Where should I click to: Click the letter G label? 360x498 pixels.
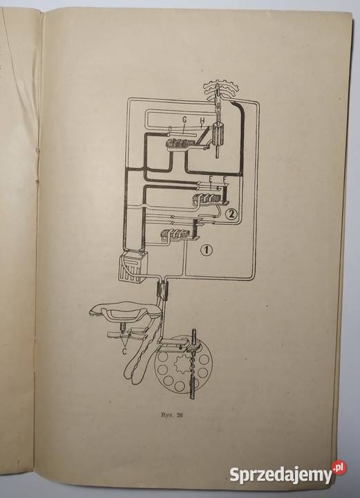[184, 120]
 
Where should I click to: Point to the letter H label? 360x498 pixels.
[202, 120]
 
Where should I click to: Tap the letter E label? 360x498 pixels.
[210, 180]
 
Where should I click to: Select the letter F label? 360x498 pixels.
[225, 180]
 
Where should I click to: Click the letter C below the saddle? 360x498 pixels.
[124, 351]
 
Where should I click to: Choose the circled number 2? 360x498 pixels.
[231, 214]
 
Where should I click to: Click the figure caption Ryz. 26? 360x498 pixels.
[172, 415]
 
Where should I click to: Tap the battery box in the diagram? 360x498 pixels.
[131, 266]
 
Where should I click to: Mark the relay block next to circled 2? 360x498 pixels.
[209, 199]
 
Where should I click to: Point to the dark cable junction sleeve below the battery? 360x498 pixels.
[162, 290]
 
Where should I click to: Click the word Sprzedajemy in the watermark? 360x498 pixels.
[281, 474]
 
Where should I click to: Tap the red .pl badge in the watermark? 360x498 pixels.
[339, 468]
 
